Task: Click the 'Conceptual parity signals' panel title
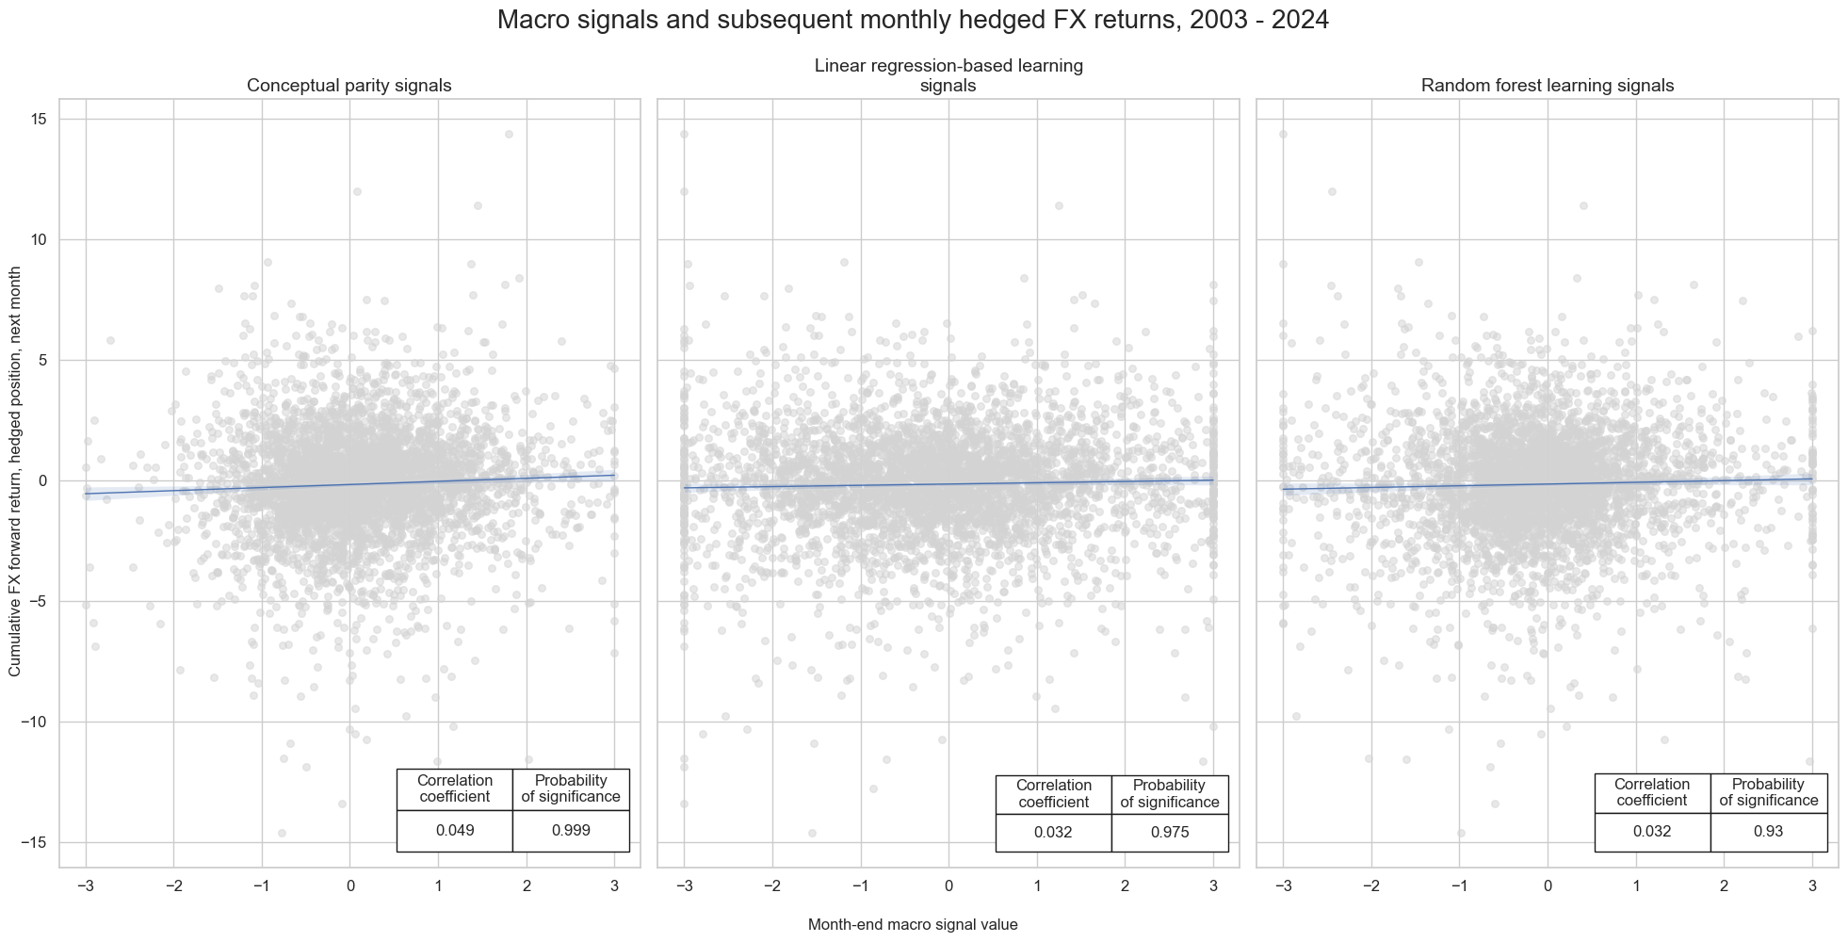point(349,86)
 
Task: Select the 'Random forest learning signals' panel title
point(1547,86)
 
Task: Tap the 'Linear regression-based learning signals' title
point(948,75)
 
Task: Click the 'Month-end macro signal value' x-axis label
point(912,925)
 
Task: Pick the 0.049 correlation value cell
point(455,831)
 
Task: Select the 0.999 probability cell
point(571,831)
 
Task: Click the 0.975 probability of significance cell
point(1170,833)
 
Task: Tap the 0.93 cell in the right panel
point(1768,832)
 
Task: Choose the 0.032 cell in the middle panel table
point(1053,833)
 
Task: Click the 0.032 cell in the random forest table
point(1652,832)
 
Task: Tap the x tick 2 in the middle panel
point(1125,885)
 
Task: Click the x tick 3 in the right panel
point(1811,885)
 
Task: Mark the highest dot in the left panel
point(509,134)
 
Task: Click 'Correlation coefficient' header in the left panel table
point(455,788)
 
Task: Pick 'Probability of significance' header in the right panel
point(1768,792)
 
